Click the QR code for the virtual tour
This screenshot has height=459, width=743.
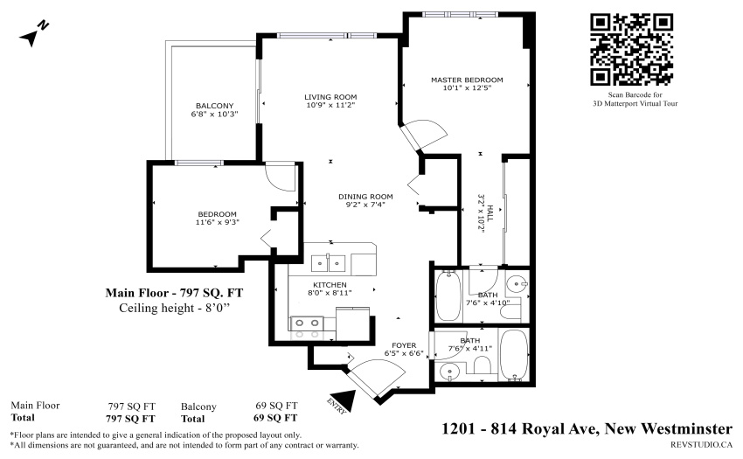(x=632, y=49)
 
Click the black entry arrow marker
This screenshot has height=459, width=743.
(x=344, y=400)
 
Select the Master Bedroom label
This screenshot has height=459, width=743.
(x=467, y=80)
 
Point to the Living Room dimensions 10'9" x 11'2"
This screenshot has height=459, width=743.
(x=330, y=105)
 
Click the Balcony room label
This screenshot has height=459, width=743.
(x=215, y=106)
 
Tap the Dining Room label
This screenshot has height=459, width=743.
(x=365, y=197)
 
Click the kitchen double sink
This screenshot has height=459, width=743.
(x=328, y=263)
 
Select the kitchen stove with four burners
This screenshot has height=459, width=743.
(x=307, y=328)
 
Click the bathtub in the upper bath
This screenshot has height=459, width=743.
(x=448, y=296)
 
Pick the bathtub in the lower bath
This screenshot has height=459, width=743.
(x=514, y=355)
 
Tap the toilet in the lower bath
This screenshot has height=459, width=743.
(x=483, y=366)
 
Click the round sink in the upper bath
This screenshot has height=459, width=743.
(x=516, y=284)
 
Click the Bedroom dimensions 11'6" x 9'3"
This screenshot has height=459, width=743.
(x=217, y=222)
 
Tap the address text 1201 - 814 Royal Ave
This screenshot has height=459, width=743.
(x=518, y=428)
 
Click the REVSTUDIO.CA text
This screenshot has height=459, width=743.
(x=701, y=444)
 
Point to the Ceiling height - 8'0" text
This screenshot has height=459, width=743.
(x=174, y=308)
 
